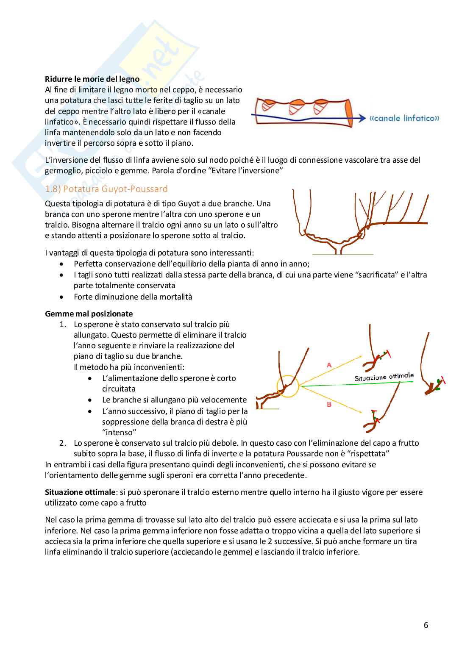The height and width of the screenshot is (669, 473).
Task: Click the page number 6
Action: click(x=426, y=625)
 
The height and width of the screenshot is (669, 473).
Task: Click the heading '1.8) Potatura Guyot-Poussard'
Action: click(x=106, y=189)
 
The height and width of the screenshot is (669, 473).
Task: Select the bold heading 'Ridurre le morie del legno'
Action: click(x=92, y=79)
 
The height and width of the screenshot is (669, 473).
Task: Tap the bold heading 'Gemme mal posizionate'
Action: click(x=89, y=314)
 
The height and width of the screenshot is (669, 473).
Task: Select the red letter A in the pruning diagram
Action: click(x=329, y=364)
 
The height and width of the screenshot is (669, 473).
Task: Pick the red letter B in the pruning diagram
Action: click(x=329, y=404)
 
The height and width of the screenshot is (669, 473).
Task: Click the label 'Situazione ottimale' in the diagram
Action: click(x=384, y=377)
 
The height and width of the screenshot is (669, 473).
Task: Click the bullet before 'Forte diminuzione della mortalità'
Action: click(x=62, y=297)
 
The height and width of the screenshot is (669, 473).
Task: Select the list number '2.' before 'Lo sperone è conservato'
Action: click(x=63, y=443)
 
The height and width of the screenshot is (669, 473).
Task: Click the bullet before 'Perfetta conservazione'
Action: click(x=62, y=264)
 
